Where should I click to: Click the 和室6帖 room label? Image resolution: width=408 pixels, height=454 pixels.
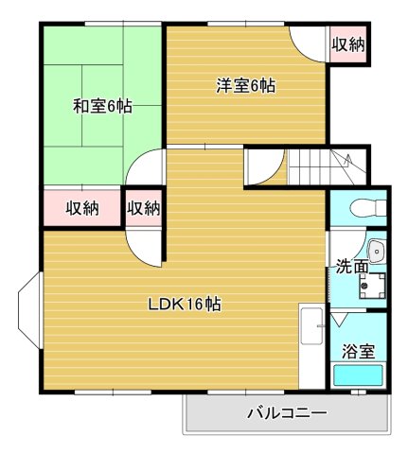coord(102,107)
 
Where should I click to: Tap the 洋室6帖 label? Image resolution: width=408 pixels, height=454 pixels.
coord(245,86)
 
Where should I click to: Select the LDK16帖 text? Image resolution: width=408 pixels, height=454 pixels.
coord(185,305)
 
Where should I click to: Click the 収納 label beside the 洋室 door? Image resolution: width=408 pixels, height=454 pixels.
coord(348,44)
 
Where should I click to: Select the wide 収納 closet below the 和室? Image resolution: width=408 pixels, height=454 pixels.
coord(82,207)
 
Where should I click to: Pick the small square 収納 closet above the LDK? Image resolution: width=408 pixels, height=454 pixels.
coord(144,207)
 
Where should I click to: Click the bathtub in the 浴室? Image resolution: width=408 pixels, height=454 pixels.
coord(360,376)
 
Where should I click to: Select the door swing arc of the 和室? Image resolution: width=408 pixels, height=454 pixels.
coord(148,170)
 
